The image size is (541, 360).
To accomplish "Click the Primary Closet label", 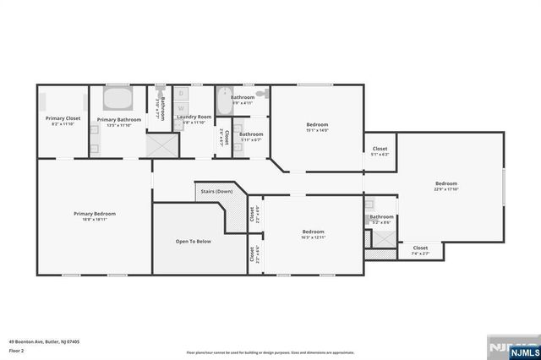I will click(x=63, y=119).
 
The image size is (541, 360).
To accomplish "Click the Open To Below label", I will click(x=193, y=242).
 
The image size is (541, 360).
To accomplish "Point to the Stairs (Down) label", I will click(x=216, y=191).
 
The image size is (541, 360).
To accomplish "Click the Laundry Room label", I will click(x=194, y=117).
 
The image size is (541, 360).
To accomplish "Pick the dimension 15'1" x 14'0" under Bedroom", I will click(x=317, y=130).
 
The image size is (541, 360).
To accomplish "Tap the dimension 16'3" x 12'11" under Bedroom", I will click(x=313, y=237).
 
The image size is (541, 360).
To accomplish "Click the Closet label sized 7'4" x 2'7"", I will click(x=420, y=248).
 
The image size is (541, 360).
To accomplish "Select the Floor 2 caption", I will click(x=17, y=350).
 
